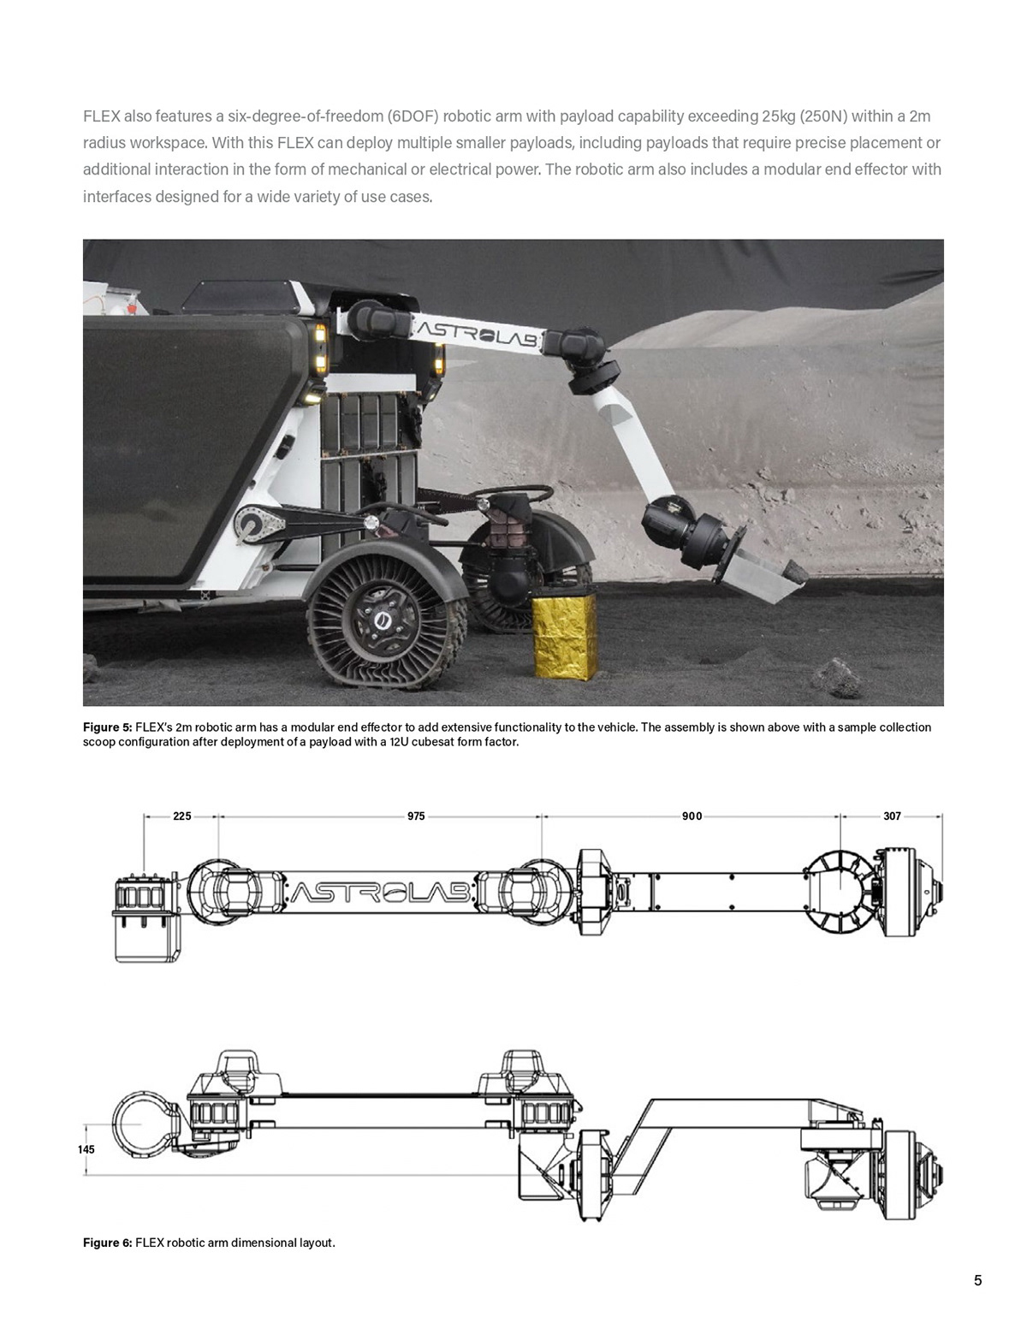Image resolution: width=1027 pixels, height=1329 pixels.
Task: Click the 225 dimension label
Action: pyautogui.click(x=181, y=816)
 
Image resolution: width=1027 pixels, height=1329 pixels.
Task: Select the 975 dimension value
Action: pyautogui.click(x=416, y=816)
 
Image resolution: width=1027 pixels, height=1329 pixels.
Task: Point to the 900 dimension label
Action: pyautogui.click(x=692, y=816)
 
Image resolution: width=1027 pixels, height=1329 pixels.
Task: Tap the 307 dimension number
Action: pyautogui.click(x=892, y=816)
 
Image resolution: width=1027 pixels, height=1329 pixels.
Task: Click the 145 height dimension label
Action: pyautogui.click(x=86, y=1149)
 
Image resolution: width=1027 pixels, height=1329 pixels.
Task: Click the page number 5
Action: pyautogui.click(x=977, y=1281)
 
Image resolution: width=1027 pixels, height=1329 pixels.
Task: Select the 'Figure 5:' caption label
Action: pyautogui.click(x=107, y=727)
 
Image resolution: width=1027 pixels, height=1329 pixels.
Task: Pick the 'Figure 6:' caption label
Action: pyautogui.click(x=107, y=1243)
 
